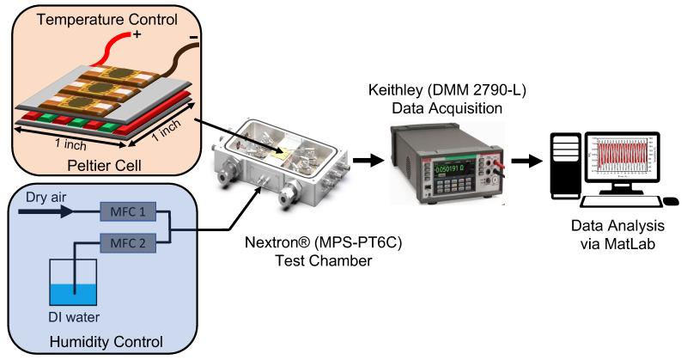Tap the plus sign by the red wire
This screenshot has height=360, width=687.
[x=135, y=34]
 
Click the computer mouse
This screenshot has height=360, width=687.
[x=672, y=201]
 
